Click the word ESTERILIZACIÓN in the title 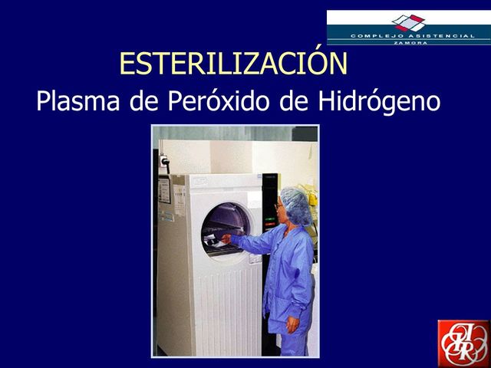[x=233, y=64]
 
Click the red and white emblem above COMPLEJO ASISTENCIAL [x=408, y=22]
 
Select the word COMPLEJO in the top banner [x=378, y=36]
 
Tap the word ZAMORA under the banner [x=408, y=42]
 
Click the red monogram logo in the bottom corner [x=463, y=343]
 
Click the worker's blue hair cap [x=295, y=204]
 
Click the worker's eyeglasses [x=278, y=206]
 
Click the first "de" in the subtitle [x=143, y=101]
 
